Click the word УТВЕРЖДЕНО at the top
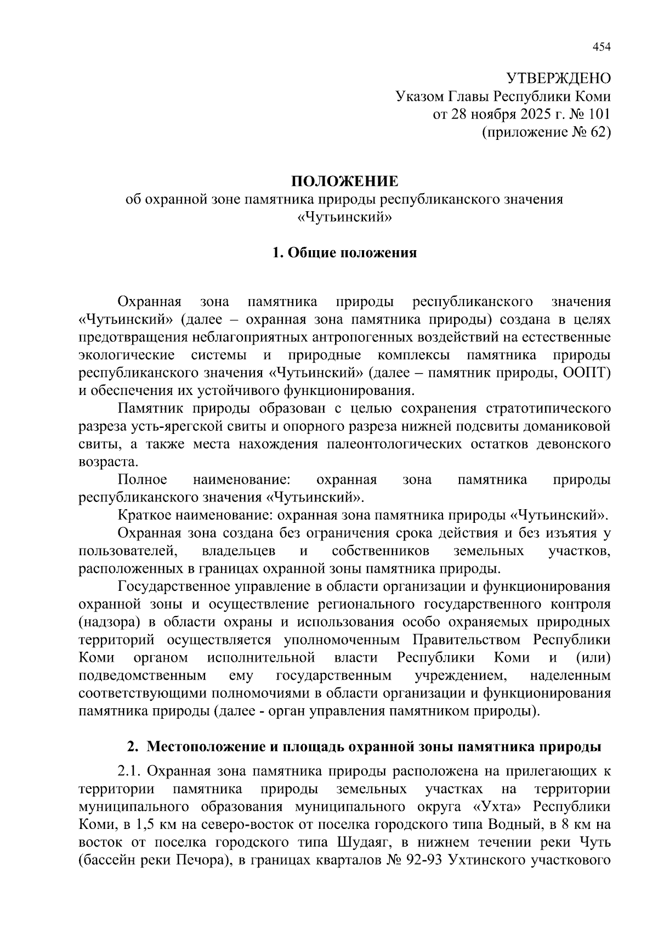click(558, 78)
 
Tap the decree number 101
click(600, 114)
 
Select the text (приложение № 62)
click(546, 132)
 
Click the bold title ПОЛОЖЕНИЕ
click(344, 181)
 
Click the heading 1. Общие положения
click(344, 253)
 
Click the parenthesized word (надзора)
click(110, 622)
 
